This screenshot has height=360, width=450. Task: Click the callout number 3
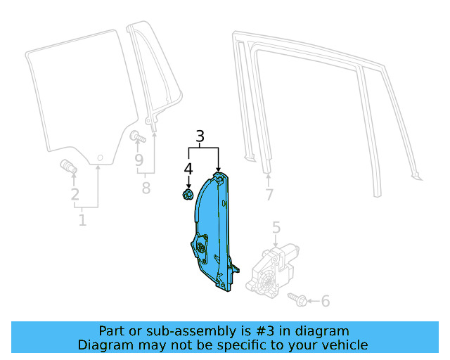pos(200,136)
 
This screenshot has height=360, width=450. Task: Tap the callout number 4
pos(188,169)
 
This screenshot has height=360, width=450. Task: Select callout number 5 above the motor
pos(276,227)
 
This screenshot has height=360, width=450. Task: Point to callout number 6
pos(325,302)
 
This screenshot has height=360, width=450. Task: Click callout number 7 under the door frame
pos(269,195)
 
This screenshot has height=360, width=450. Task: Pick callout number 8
pos(146,188)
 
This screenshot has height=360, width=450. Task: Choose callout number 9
pos(139,161)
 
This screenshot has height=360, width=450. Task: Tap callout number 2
pos(75,195)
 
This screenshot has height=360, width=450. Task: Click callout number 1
pos(82,221)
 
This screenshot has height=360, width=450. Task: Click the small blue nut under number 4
pos(188,193)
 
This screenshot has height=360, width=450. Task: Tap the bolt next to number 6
pos(297,300)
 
